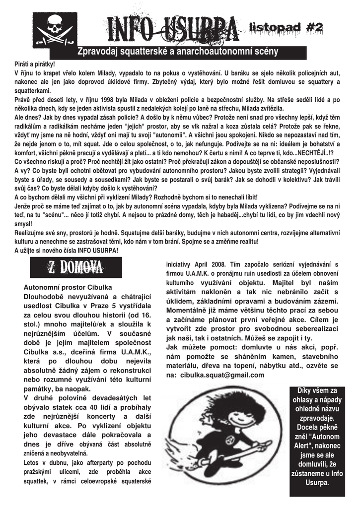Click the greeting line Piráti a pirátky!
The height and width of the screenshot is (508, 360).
point(34,64)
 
